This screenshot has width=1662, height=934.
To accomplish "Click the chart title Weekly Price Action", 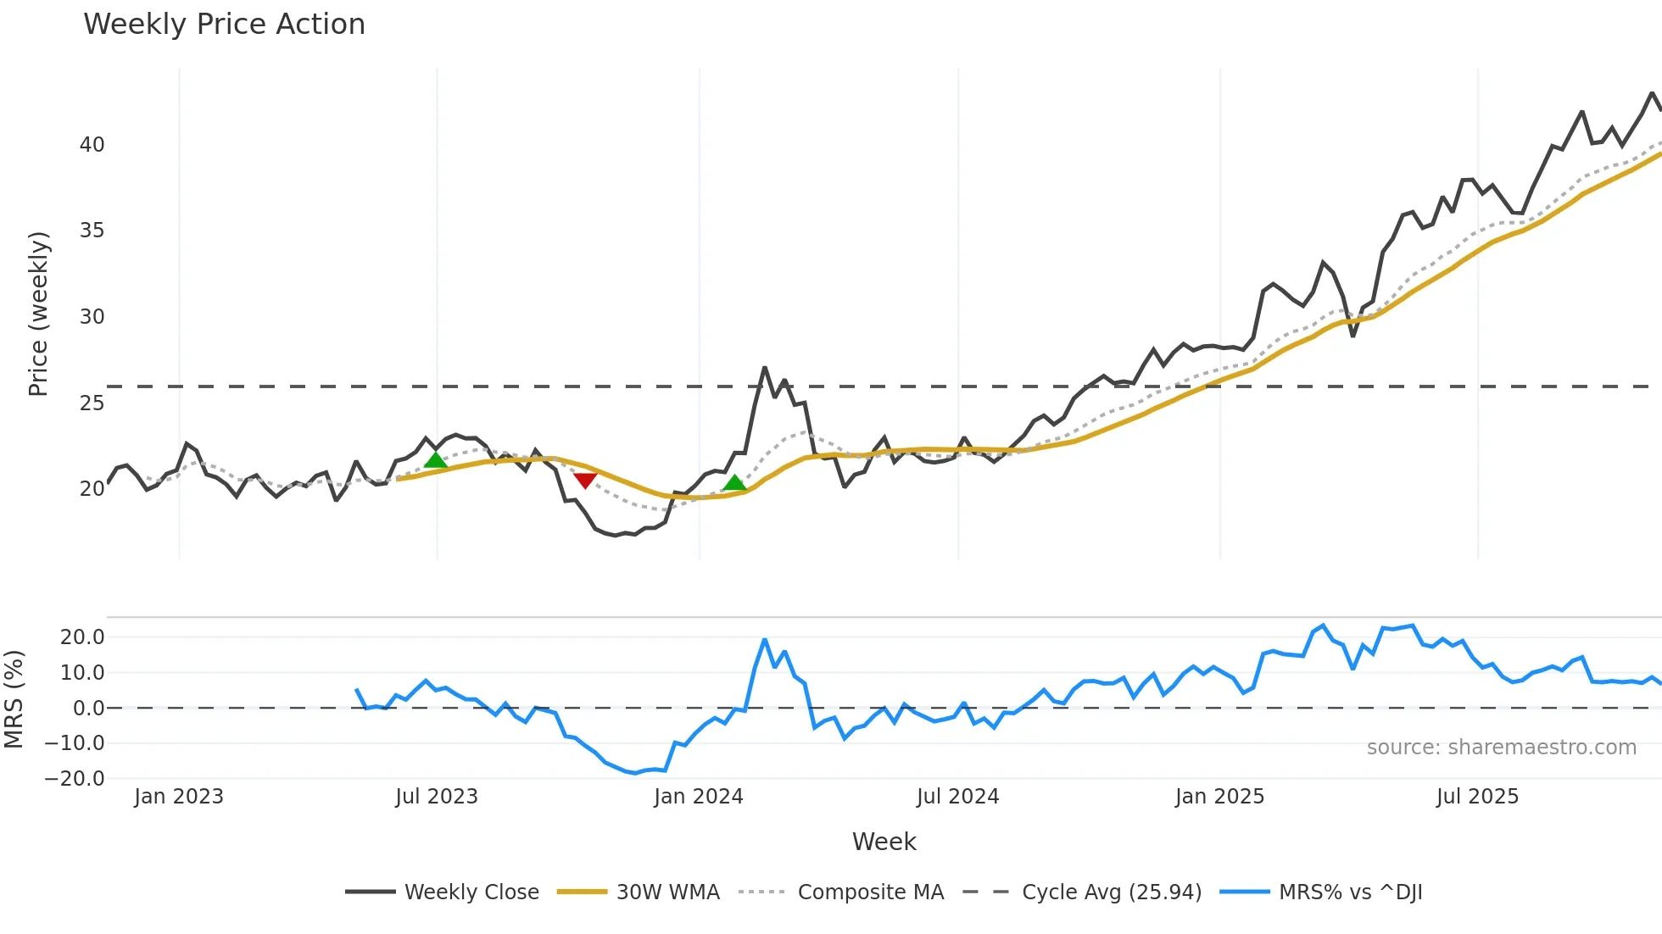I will click(224, 25).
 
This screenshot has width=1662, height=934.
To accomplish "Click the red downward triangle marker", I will click(585, 480).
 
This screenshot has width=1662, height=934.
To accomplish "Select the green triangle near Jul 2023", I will click(435, 460).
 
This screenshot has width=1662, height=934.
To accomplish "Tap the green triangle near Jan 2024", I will click(734, 482).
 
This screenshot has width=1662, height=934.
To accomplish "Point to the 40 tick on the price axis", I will click(92, 145).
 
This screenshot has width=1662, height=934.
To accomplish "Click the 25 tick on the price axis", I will click(92, 403).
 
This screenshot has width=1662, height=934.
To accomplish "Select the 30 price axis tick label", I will click(92, 317).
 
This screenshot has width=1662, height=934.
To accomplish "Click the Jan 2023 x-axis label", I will click(179, 797).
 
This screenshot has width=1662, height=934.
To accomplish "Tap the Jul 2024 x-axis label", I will click(957, 797).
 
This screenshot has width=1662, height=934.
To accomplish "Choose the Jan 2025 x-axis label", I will click(1219, 797).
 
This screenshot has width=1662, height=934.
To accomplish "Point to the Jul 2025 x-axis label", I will click(1477, 797).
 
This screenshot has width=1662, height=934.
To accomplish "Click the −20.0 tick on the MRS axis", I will click(75, 778).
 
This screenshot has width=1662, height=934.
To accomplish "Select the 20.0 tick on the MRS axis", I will click(82, 637).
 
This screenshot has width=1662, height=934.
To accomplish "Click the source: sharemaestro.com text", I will click(1501, 748).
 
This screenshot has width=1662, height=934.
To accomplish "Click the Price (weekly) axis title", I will click(38, 314).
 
